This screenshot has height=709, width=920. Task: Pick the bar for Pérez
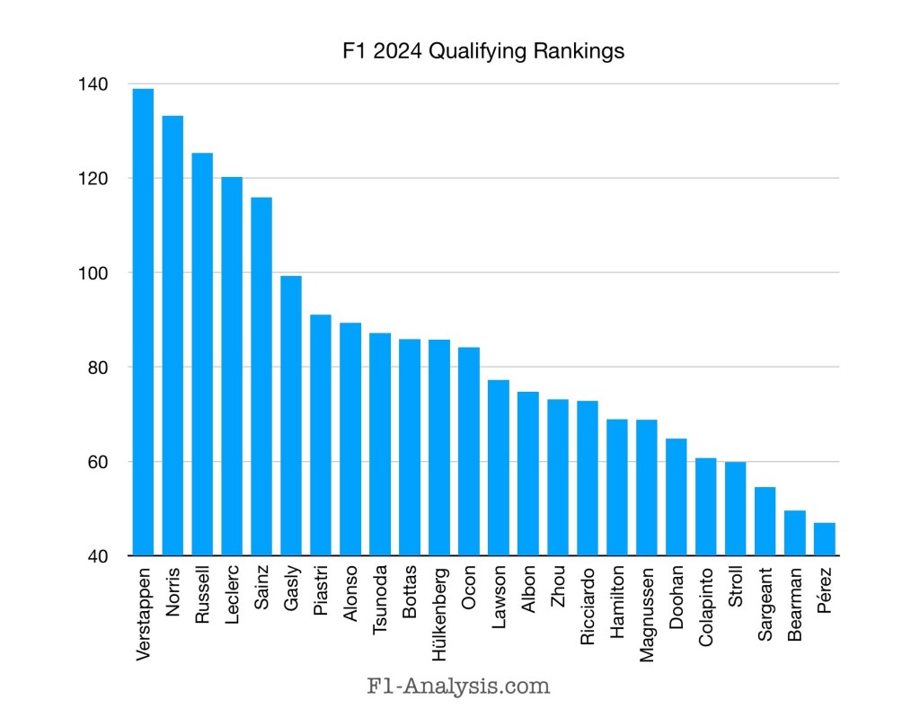click(x=824, y=539)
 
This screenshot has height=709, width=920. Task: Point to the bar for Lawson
click(x=499, y=467)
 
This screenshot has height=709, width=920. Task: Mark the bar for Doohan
click(x=677, y=497)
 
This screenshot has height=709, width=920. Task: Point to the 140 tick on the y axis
click(x=94, y=84)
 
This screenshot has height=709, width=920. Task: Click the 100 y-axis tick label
click(x=94, y=273)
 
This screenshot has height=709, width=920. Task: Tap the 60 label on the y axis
click(x=98, y=462)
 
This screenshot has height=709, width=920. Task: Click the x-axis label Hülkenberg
click(x=439, y=611)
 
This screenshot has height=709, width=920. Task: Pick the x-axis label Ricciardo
click(x=588, y=607)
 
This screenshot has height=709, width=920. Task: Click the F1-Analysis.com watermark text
click(x=459, y=687)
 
